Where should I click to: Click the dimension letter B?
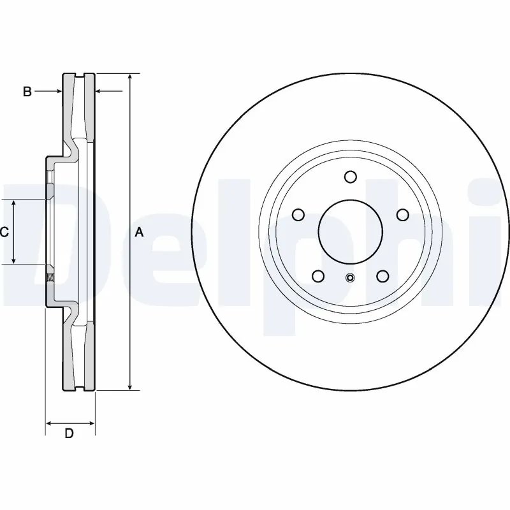(x=27, y=92)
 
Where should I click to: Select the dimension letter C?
(x=4, y=232)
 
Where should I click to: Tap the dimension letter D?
(x=69, y=434)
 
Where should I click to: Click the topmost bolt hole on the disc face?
(x=350, y=177)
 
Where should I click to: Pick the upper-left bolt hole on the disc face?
(x=297, y=215)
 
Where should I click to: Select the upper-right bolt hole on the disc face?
(x=402, y=215)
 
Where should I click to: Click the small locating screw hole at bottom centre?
(x=350, y=277)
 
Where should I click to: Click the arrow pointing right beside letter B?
(x=58, y=92)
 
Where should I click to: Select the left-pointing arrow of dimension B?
(x=99, y=92)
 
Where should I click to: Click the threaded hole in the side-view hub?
(x=48, y=277)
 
